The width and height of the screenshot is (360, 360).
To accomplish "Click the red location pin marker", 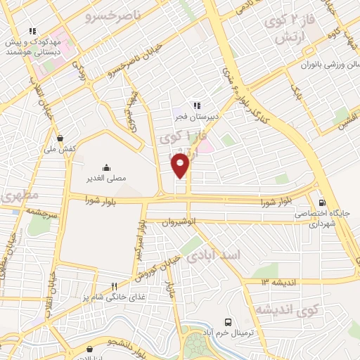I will [180, 165].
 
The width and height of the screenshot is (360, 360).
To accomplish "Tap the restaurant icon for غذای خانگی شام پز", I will [114, 286].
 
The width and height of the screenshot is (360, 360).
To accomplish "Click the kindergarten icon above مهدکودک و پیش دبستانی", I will [32, 31].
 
